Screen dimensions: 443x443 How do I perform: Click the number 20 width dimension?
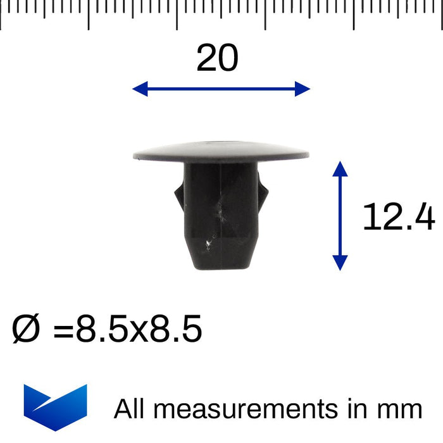[x=217, y=59]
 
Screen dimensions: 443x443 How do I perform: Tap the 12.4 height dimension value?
[x=398, y=217]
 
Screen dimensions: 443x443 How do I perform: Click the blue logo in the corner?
[x=55, y=406]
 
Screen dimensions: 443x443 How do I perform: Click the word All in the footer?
[x=131, y=409]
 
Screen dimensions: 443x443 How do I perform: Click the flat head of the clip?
[x=221, y=150]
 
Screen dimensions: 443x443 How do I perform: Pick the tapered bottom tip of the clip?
[x=221, y=263]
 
